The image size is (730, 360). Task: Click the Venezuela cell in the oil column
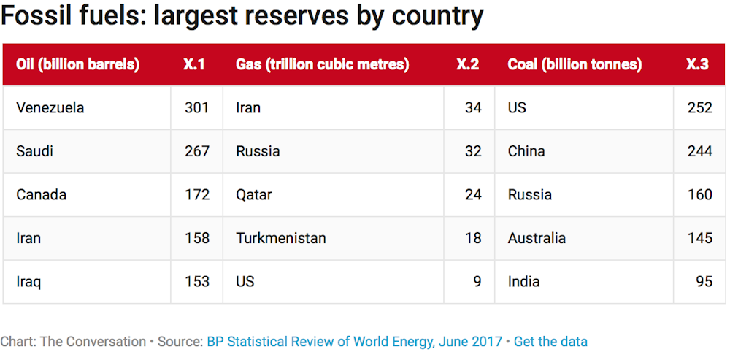pyautogui.click(x=50, y=108)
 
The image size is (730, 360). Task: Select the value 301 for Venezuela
pyautogui.click(x=196, y=108)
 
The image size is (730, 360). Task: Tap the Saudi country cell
pyautogui.click(x=34, y=152)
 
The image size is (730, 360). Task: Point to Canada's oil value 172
pyautogui.click(x=196, y=195)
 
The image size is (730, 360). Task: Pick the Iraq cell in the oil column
pyautogui.click(x=28, y=282)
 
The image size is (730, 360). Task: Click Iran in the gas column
pyautogui.click(x=248, y=108)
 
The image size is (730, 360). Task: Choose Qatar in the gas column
pyautogui.click(x=254, y=195)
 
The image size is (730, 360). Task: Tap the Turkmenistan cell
pyautogui.click(x=281, y=239)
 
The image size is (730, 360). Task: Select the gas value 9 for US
pyautogui.click(x=477, y=282)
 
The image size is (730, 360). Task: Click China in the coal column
pyautogui.click(x=526, y=152)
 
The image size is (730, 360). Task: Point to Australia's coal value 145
pyautogui.click(x=700, y=239)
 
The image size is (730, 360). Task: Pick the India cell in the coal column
pyautogui.click(x=523, y=282)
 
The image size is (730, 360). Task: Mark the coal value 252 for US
pyautogui.click(x=700, y=108)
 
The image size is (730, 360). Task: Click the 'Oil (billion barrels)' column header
pyautogui.click(x=77, y=64)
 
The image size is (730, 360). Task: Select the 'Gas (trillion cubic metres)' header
pyautogui.click(x=323, y=64)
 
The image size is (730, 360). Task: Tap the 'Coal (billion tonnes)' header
pyautogui.click(x=575, y=64)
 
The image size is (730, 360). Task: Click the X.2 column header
pyautogui.click(x=468, y=64)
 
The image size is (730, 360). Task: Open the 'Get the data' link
pyautogui.click(x=550, y=342)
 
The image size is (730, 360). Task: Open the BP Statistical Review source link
pyautogui.click(x=355, y=342)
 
